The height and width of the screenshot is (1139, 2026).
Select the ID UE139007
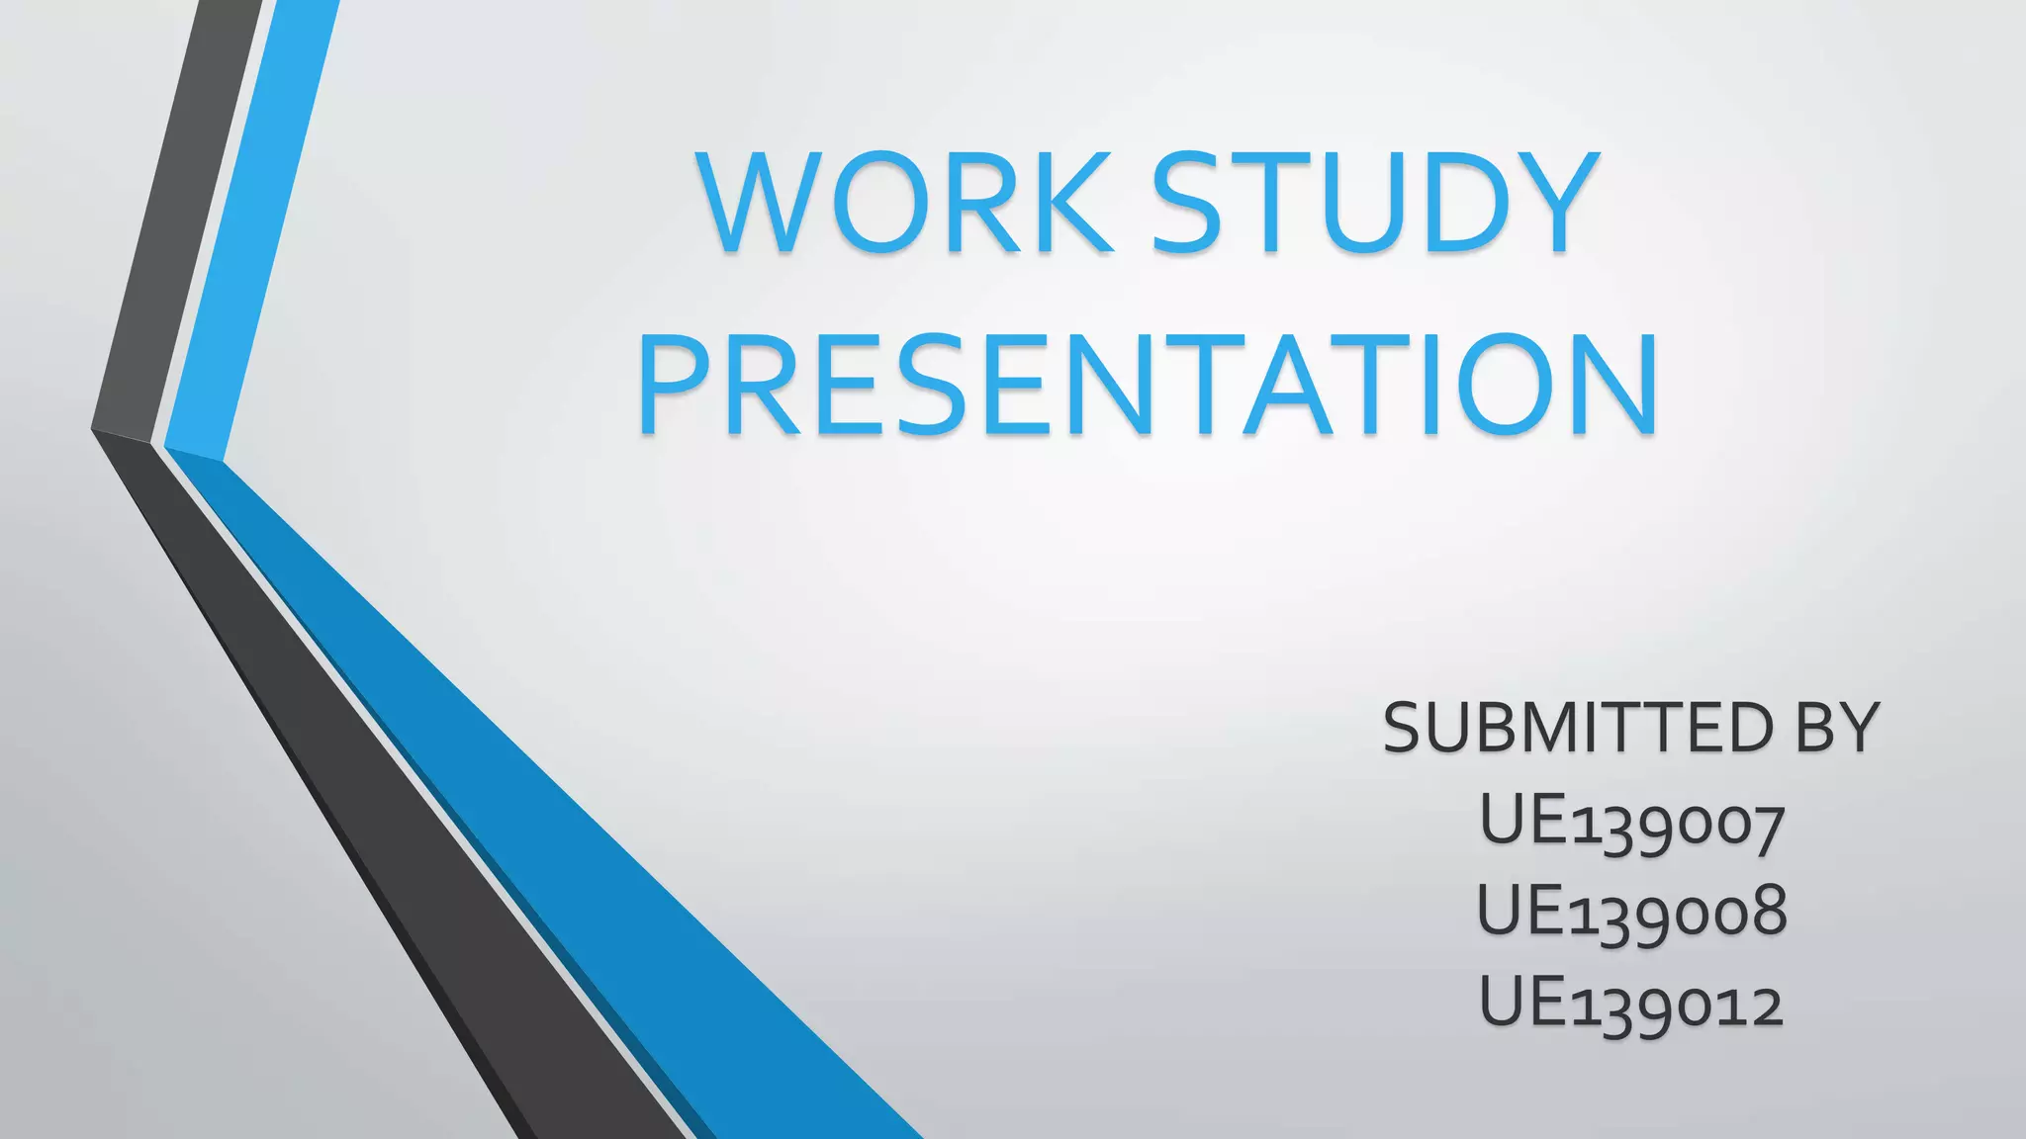(x=1632, y=823)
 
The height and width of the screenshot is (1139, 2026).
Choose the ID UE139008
(x=1632, y=912)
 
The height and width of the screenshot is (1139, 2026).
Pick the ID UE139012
(x=1632, y=1003)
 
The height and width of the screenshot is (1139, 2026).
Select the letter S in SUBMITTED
(x=1406, y=728)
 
